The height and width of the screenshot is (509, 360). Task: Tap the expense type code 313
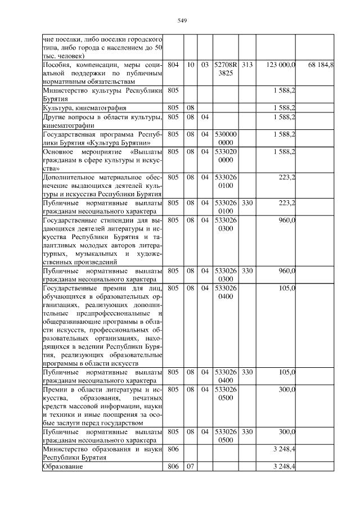pos(247,66)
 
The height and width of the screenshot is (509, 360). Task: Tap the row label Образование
pos(63,467)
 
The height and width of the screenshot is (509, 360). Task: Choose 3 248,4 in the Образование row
pos(285,467)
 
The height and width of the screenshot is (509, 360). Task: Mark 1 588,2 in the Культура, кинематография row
pos(285,107)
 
